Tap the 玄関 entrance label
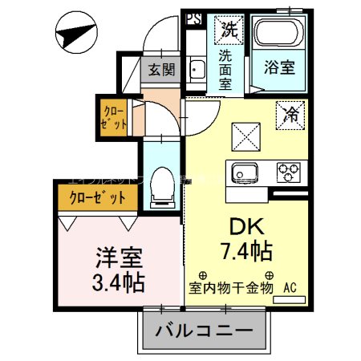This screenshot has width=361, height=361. (x=160, y=70)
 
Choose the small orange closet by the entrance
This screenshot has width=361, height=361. (x=115, y=116)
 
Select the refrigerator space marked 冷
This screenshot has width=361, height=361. (x=290, y=115)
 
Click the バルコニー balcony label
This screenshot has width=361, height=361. (x=204, y=331)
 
